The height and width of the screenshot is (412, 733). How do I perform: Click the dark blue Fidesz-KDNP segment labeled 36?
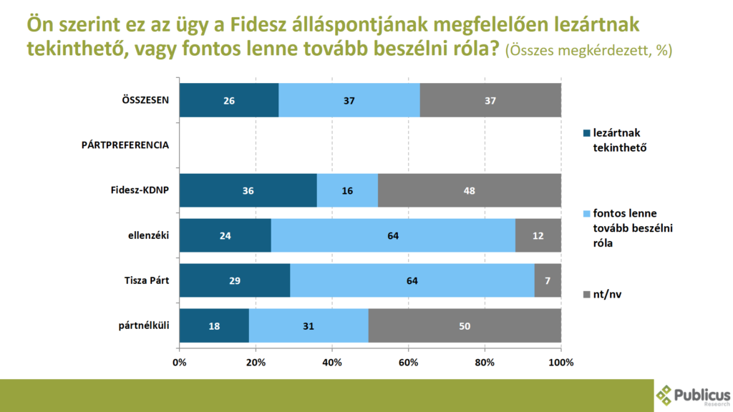pos(248,190)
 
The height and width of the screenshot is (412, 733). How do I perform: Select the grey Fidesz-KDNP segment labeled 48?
pos(469,190)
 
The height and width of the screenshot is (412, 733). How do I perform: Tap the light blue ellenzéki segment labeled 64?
pos(393,235)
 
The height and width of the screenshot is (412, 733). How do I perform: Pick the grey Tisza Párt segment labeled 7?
pos(547,280)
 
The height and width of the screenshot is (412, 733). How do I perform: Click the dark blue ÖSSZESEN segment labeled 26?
pos(228,100)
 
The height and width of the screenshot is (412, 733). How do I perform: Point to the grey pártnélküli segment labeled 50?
pos(465,325)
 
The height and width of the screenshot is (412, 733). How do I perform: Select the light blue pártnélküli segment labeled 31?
pos(309,325)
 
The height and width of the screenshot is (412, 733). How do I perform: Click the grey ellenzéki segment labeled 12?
pos(538,235)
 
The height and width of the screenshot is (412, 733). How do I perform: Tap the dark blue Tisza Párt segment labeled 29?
pos(235,280)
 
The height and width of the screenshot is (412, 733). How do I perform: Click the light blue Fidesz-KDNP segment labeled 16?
pos(347,190)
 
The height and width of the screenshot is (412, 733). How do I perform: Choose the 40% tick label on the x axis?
pos(332,362)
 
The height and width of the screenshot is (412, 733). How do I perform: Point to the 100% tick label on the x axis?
pos(561,362)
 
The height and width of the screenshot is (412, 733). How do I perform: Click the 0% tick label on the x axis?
pos(180,362)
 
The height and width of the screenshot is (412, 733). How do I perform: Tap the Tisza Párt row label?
pos(145,280)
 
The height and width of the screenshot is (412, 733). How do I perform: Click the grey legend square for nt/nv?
pos(587,293)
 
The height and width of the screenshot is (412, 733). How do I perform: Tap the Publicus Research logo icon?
pos(666,396)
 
